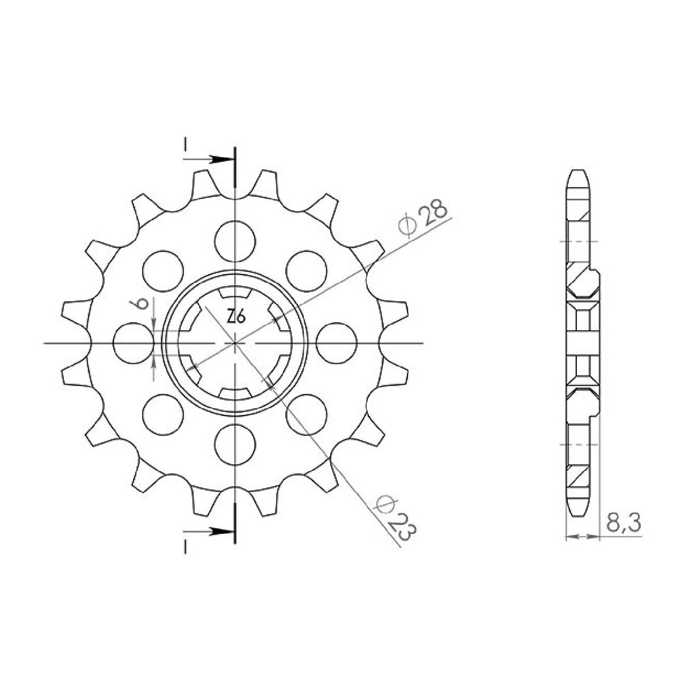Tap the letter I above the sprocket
[185, 146]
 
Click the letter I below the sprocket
[185, 546]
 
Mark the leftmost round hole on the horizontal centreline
[134, 343]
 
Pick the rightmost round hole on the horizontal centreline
[336, 343]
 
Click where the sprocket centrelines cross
[235, 343]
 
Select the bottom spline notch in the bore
[235, 393]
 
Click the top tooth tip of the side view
[579, 172]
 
